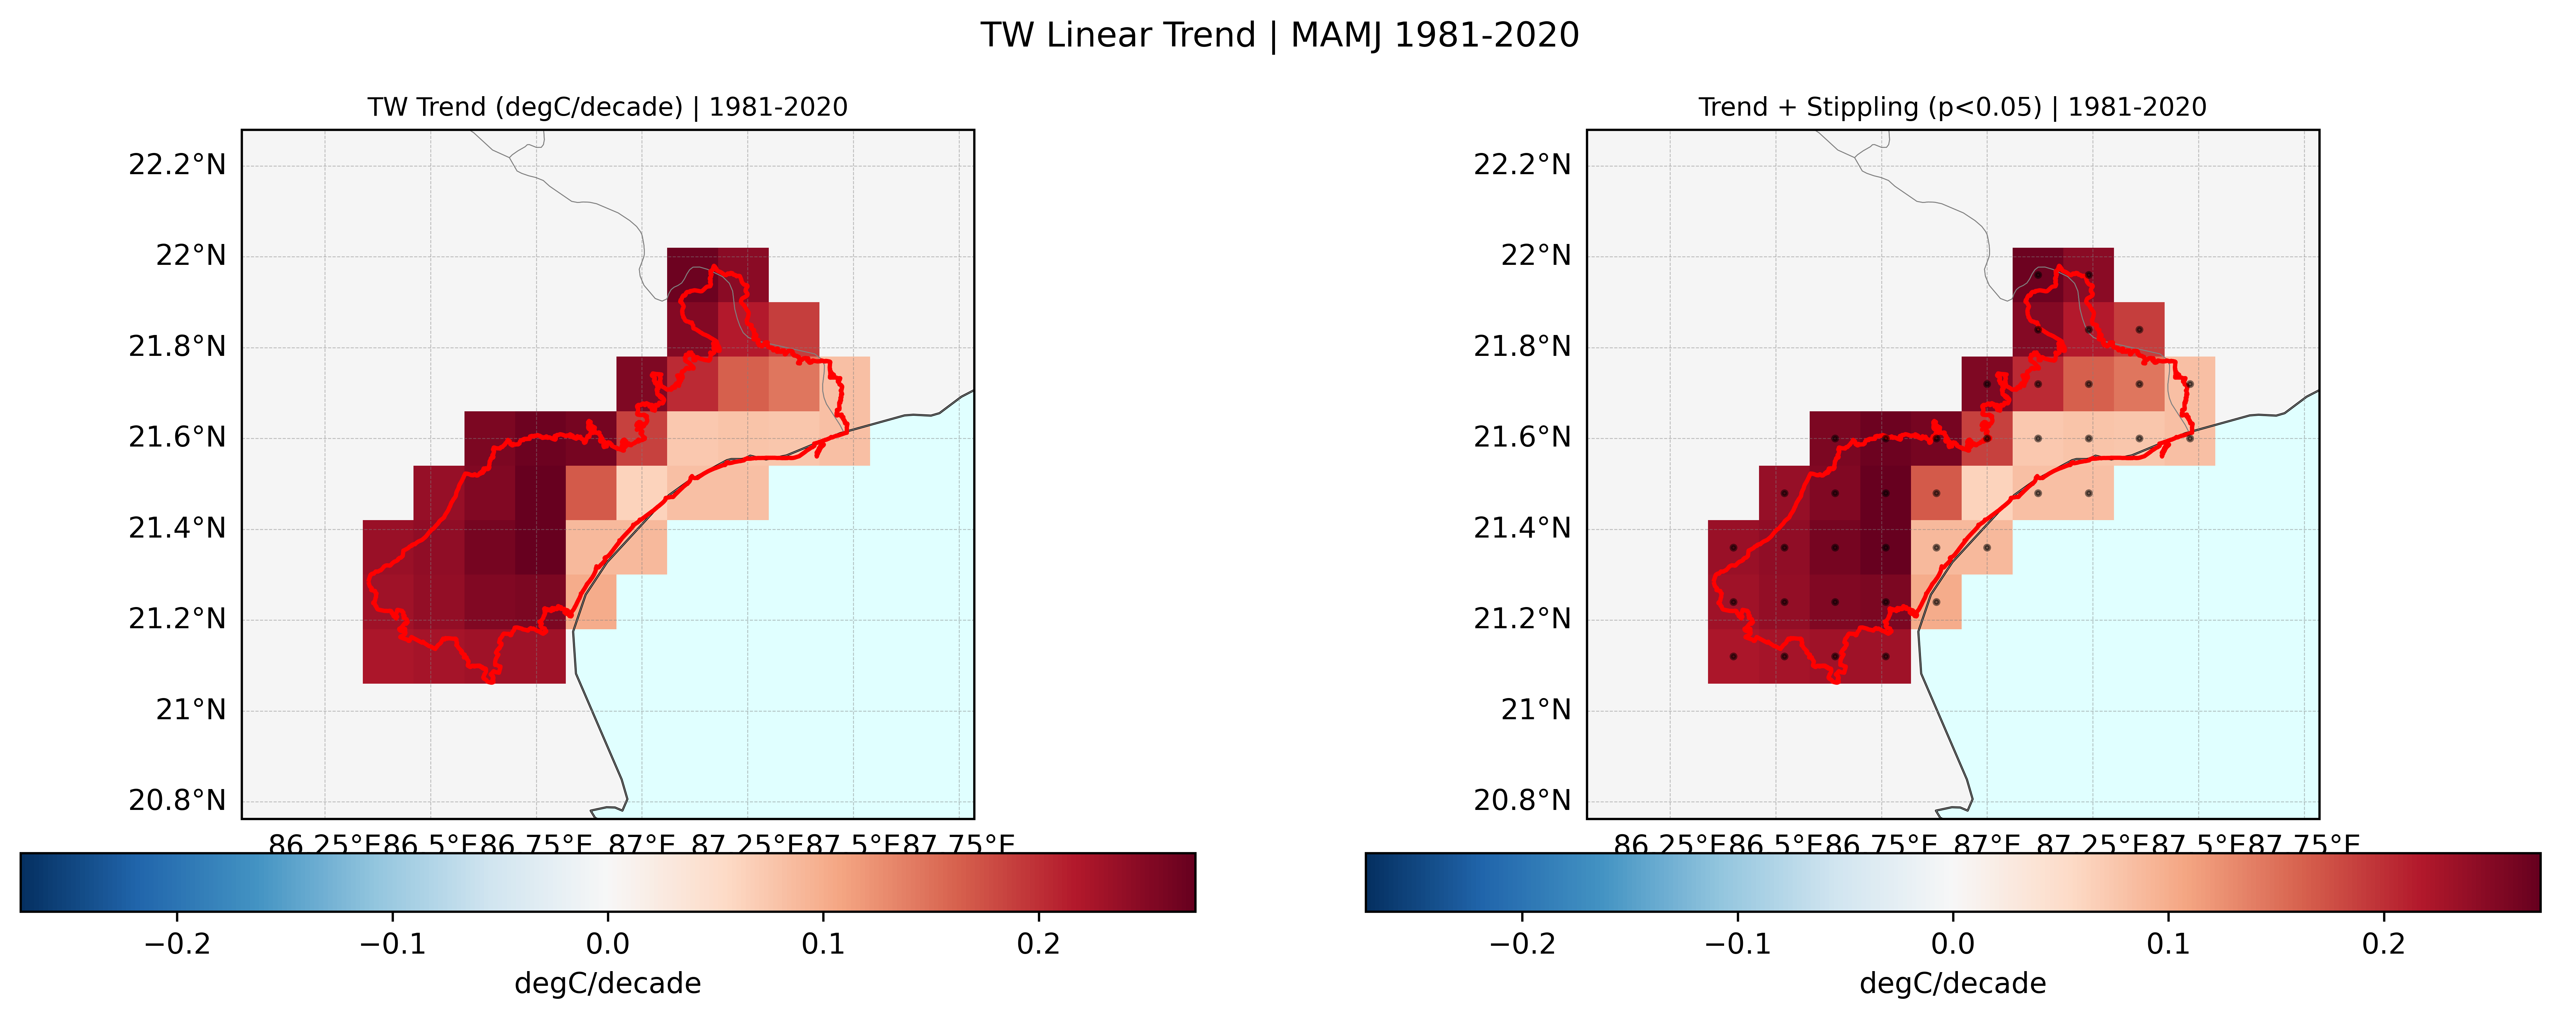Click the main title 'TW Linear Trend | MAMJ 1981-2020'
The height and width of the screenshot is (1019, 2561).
point(1279,36)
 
